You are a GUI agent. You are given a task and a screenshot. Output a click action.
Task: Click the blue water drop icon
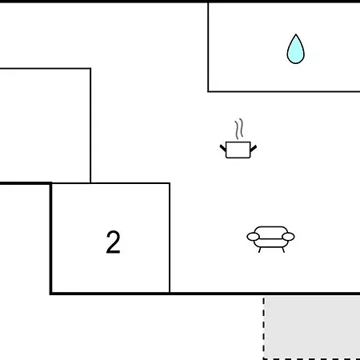295,49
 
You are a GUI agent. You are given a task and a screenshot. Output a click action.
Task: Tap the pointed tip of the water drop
295,34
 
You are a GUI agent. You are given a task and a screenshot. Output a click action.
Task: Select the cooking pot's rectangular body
238,150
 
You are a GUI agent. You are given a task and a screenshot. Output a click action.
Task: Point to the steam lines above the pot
239,129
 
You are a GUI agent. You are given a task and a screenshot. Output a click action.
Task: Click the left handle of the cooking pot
223,148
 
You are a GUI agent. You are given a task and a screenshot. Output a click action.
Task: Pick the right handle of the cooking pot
254,149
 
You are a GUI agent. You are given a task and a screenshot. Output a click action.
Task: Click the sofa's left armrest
253,237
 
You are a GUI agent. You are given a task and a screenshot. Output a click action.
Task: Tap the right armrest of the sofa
288,237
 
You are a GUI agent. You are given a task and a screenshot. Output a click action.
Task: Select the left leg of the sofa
259,250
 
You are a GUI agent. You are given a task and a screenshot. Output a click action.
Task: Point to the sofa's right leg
283,250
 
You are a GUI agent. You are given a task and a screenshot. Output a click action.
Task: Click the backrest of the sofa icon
270,231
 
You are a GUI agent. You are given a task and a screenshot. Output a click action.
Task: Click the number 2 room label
113,242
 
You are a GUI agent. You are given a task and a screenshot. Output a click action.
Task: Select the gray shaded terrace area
312,327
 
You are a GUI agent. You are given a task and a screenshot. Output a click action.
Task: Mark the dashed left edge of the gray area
264,328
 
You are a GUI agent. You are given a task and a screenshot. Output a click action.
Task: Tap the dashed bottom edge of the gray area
311,359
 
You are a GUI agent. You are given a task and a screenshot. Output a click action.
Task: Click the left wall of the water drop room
208,47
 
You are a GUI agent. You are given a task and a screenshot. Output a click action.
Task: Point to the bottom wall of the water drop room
284,91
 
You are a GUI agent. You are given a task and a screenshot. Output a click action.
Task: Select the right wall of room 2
170,238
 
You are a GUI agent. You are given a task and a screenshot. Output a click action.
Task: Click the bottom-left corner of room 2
50,294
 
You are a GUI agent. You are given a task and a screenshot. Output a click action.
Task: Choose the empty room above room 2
45,126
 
